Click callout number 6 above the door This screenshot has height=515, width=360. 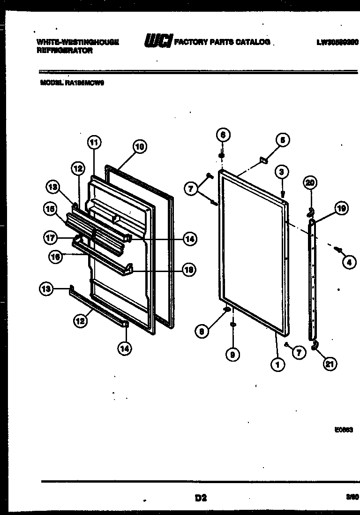pyautogui.click(x=223, y=135)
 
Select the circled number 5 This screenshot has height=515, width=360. pyautogui.click(x=282, y=139)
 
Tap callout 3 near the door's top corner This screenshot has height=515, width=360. pyautogui.click(x=281, y=172)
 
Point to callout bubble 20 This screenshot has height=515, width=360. pyautogui.click(x=310, y=182)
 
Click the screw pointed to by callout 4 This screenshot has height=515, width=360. pyautogui.click(x=337, y=249)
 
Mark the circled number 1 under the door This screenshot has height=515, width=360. pyautogui.click(x=277, y=364)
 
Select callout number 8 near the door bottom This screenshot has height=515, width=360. pyautogui.click(x=202, y=331)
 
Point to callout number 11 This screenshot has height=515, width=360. pyautogui.click(x=94, y=142)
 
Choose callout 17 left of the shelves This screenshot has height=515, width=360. pyautogui.click(x=51, y=238)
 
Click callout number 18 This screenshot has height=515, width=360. pyautogui.click(x=189, y=270)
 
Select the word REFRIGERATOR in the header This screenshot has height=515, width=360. pyautogui.click(x=64, y=51)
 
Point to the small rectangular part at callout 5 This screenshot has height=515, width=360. pyautogui.click(x=263, y=161)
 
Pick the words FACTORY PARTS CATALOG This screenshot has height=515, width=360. pyautogui.click(x=222, y=42)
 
